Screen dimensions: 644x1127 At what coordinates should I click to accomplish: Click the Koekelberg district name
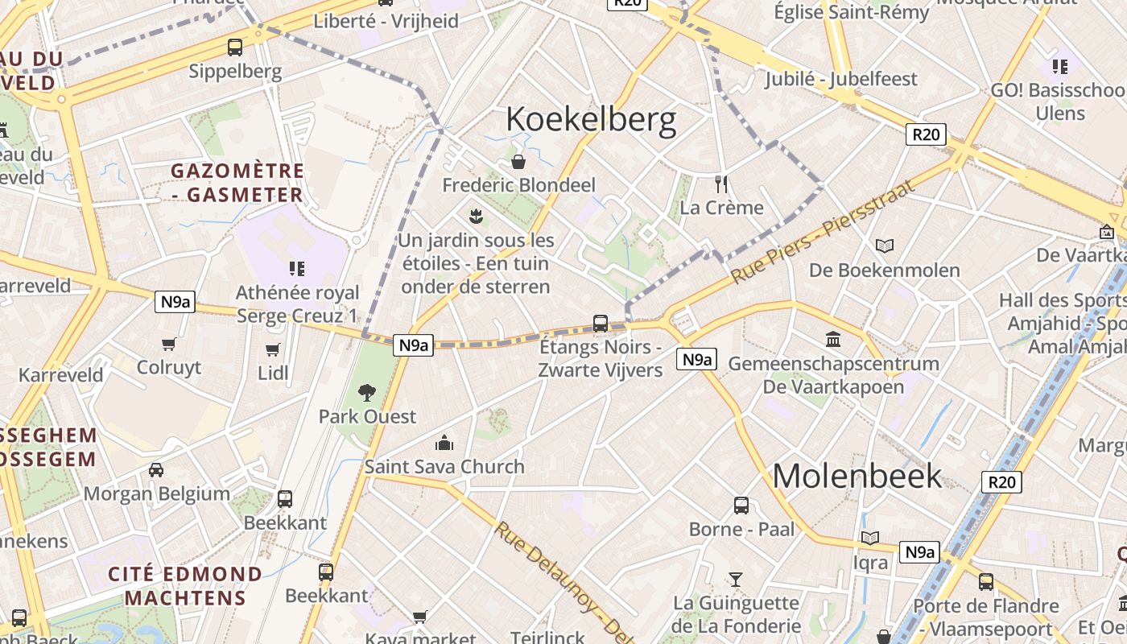point(591,120)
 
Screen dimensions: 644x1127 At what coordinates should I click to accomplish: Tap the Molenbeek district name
point(857,475)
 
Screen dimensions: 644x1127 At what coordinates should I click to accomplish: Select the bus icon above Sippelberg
point(235,47)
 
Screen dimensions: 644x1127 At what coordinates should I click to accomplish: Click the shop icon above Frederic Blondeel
point(519,162)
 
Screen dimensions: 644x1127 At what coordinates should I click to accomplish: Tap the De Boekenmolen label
point(884,270)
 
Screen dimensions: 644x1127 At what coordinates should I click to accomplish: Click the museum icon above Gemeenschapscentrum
point(833,340)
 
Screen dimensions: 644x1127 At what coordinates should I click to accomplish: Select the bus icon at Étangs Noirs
point(601,324)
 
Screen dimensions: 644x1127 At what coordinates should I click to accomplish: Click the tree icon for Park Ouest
point(367,393)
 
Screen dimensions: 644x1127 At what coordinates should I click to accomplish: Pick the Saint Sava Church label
point(444,466)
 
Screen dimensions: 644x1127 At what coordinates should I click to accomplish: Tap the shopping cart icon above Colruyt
point(169,345)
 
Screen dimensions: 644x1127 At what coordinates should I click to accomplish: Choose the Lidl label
point(274,373)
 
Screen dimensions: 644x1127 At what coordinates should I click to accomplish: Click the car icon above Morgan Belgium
point(156,470)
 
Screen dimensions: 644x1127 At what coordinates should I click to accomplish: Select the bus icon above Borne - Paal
point(741,506)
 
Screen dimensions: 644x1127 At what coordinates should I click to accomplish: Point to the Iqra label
point(870,562)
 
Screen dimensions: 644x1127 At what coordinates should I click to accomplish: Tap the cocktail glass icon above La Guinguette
point(736,579)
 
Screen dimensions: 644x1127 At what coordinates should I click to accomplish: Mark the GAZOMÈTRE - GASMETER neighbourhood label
point(237,183)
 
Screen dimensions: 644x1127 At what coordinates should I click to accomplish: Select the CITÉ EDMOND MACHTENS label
point(185,586)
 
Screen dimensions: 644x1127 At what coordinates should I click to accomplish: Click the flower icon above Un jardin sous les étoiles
point(476,216)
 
